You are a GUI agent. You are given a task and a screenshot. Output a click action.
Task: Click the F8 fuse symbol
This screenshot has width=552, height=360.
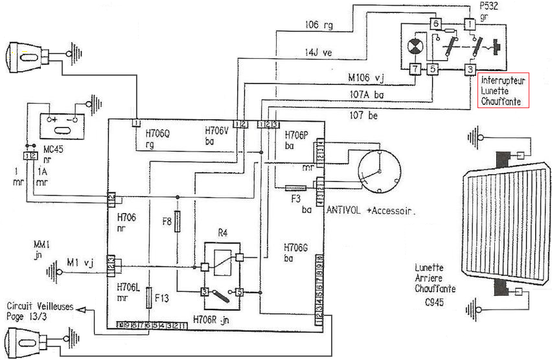[x=178, y=221]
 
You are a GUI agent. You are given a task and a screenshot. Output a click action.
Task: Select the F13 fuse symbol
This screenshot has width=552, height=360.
[x=149, y=297]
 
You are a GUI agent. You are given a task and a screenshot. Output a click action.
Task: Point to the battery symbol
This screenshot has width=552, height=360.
[x=60, y=121]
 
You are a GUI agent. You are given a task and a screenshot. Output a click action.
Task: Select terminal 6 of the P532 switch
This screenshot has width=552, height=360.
[x=436, y=24]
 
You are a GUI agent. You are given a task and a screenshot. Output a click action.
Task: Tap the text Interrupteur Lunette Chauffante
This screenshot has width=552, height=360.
[x=503, y=91]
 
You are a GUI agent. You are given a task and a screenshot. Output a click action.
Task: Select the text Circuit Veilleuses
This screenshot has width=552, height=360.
[x=40, y=306]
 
